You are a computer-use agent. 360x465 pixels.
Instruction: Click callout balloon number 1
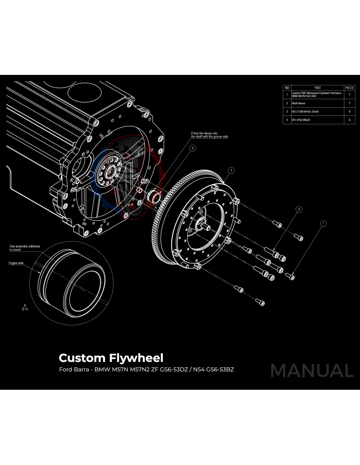[x=231, y=170]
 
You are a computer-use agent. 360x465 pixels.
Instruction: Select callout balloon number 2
[x=193, y=148]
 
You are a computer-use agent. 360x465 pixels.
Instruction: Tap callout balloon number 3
[x=298, y=209]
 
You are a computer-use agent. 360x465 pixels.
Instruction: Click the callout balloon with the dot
[x=323, y=223]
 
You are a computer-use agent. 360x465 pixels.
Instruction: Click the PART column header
[x=317, y=88]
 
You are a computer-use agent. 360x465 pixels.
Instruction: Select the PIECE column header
[x=349, y=88]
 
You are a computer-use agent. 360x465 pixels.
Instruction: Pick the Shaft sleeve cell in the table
[x=298, y=103]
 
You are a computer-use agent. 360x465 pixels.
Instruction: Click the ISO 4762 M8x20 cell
[x=301, y=120]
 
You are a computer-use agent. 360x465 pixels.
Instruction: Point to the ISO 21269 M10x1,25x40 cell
[x=305, y=112]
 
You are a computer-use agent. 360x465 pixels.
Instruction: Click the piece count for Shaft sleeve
[x=349, y=103]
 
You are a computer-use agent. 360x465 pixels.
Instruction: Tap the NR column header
[x=287, y=88]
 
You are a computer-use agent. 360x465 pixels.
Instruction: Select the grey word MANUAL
[x=312, y=370]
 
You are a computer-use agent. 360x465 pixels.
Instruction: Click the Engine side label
[x=16, y=263]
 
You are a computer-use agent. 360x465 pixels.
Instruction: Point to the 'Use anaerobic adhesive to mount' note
[x=25, y=248]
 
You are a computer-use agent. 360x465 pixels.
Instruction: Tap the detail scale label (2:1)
[x=25, y=309]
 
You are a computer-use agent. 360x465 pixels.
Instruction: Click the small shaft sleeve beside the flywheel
[x=154, y=197]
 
